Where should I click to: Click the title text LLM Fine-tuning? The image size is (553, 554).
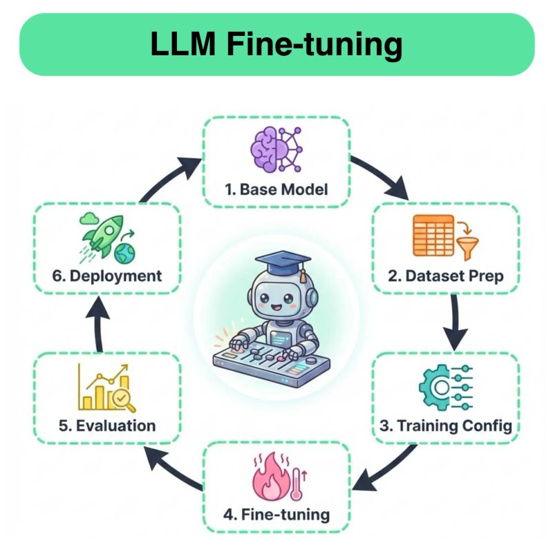pos(276,45)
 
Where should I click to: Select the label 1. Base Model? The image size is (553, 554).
pos(276,189)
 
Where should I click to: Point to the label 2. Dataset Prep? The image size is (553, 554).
pos(445,276)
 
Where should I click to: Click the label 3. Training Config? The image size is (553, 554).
pos(446,425)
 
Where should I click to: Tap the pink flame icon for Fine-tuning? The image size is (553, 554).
pos(275,479)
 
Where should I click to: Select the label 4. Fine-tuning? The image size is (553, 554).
pos(276,515)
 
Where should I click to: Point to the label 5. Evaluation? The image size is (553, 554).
pos(107,426)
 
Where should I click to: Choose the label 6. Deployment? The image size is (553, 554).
pos(108,276)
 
